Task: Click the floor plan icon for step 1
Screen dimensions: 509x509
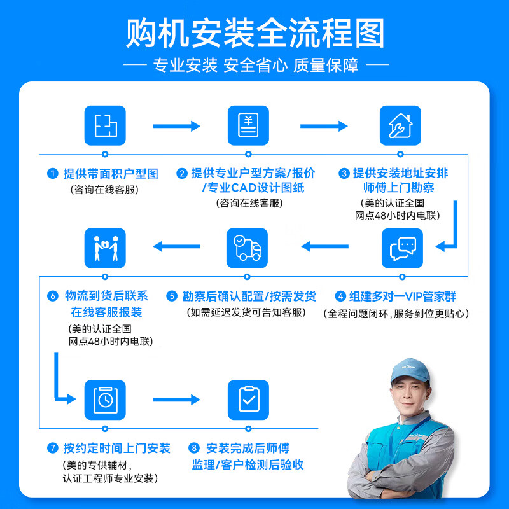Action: pyautogui.click(x=105, y=125)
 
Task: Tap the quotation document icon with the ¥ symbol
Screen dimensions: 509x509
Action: pyautogui.click(x=248, y=125)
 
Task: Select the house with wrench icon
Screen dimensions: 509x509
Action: pyautogui.click(x=400, y=125)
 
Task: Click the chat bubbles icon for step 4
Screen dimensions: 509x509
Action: pyautogui.click(x=402, y=248)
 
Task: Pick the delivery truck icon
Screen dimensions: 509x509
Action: pyautogui.click(x=248, y=248)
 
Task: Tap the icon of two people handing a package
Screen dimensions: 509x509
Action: pyautogui.click(x=105, y=248)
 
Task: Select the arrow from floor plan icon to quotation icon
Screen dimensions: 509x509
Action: pyautogui.click(x=176, y=126)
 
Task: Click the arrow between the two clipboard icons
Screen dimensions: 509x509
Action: pyautogui.click(x=176, y=400)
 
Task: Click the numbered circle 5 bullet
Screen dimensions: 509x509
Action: pyautogui.click(x=172, y=296)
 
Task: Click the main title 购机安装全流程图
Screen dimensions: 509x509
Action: pyautogui.click(x=254, y=33)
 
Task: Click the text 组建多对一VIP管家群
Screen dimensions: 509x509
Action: pyautogui.click(x=402, y=296)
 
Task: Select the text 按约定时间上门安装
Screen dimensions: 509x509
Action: pyautogui.click(x=117, y=449)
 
